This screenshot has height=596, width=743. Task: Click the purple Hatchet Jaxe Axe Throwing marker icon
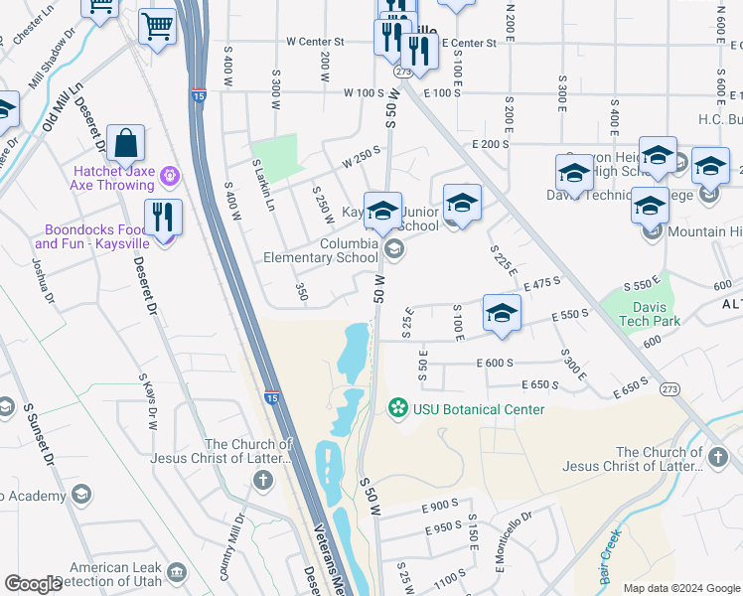pos(170,176)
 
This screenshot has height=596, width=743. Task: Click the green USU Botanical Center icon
pos(398,408)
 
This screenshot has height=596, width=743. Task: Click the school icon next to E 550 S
pos(502,314)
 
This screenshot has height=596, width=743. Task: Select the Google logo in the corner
pos(33,584)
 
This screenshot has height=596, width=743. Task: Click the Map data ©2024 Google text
pos(680,588)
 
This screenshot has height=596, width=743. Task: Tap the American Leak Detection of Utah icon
pos(177,572)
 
